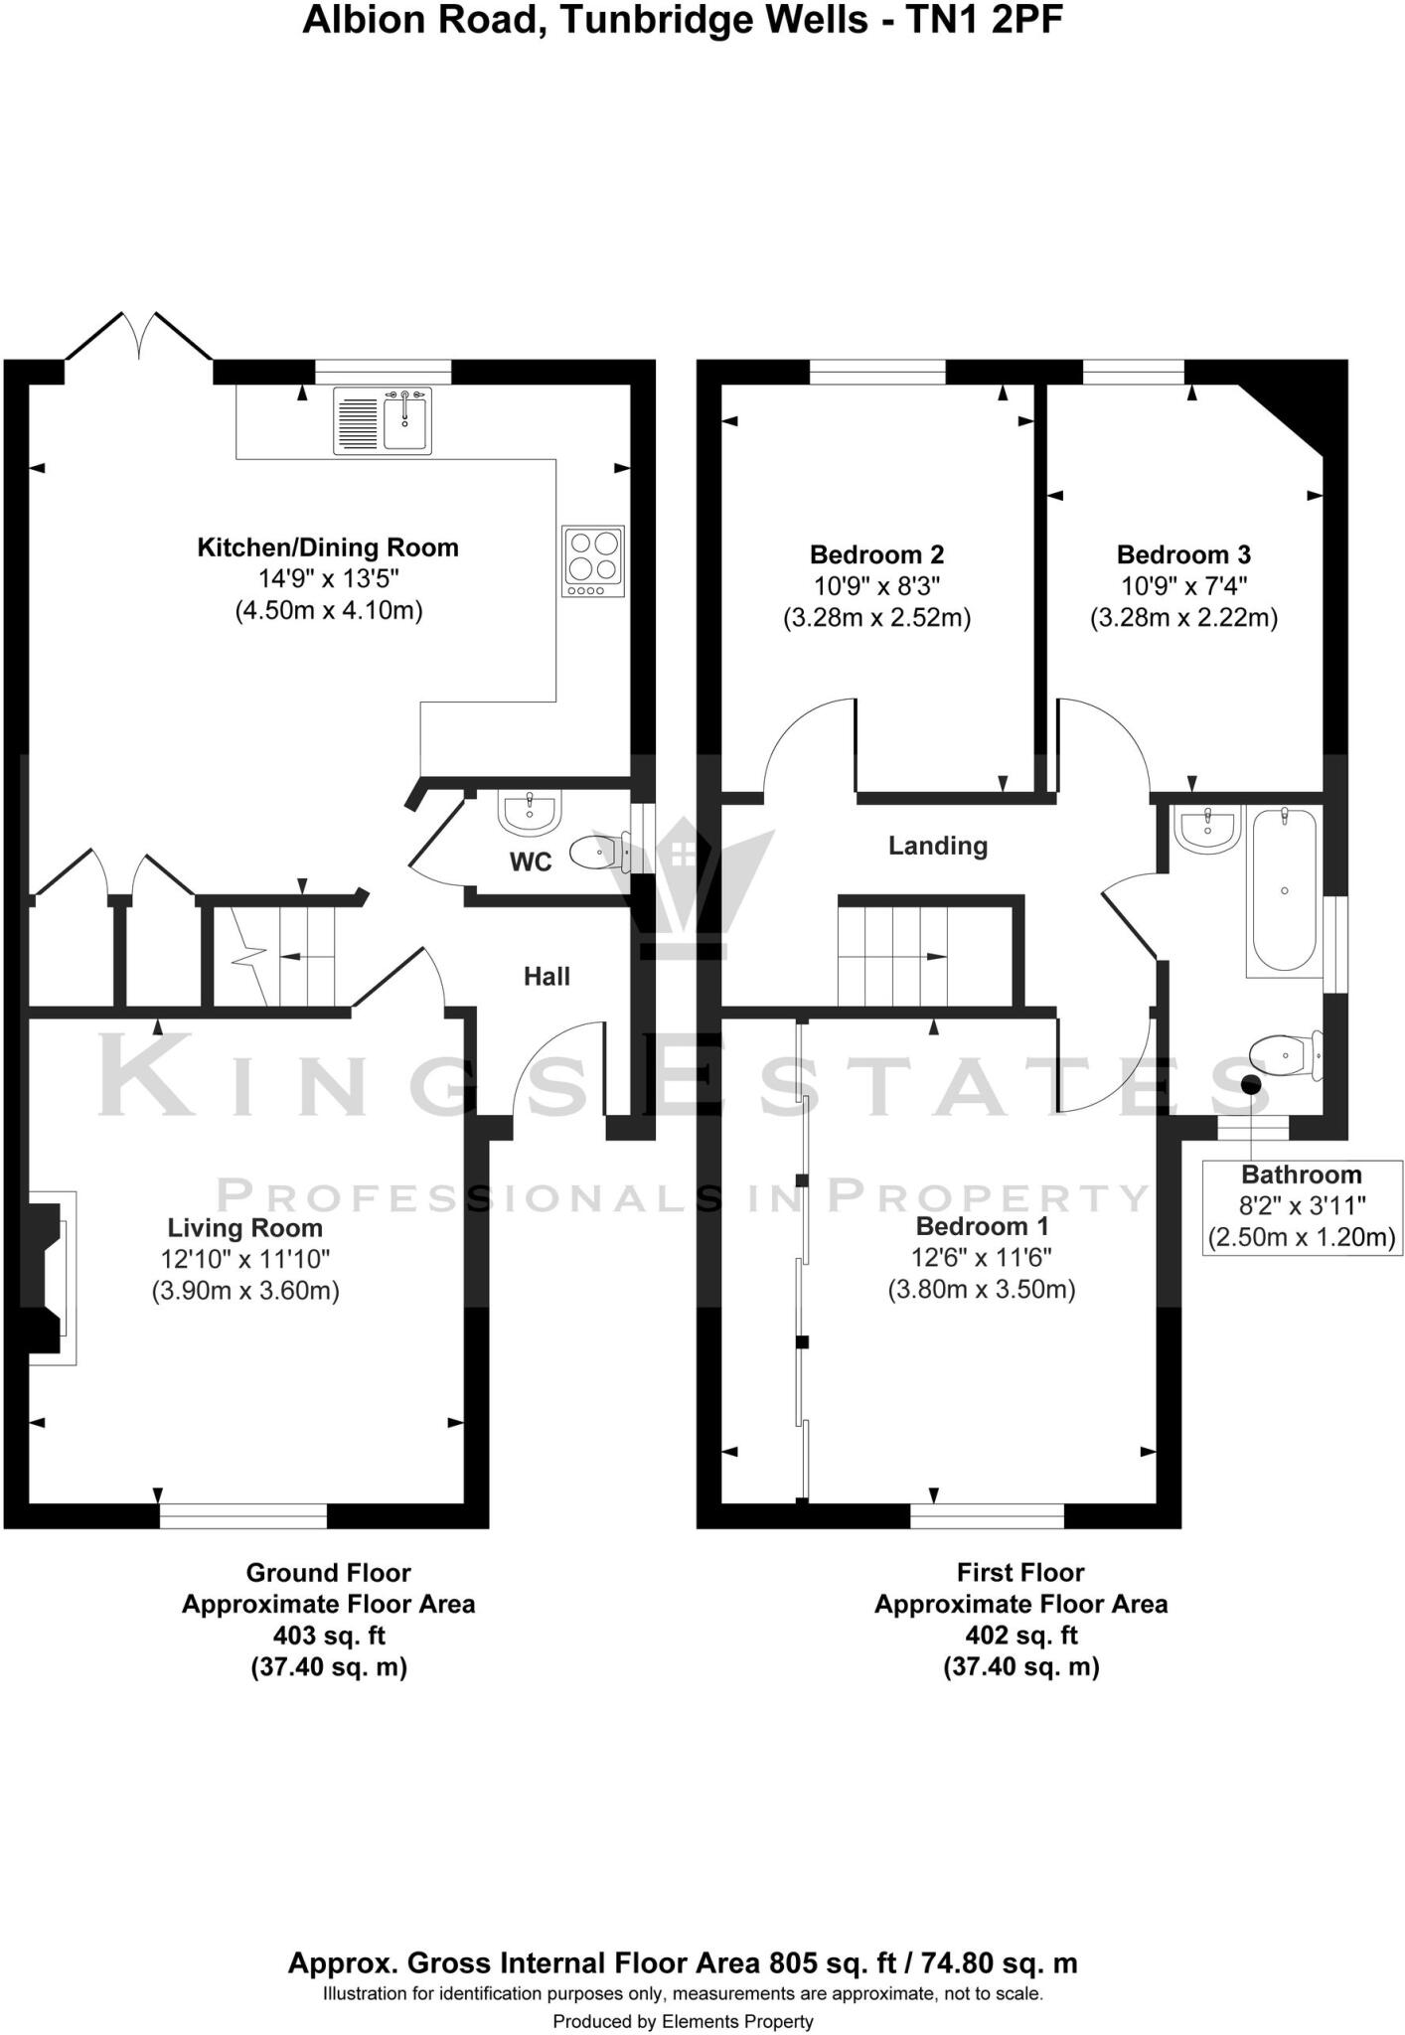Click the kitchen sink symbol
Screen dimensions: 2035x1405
384,421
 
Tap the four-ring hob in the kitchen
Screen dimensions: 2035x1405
593,560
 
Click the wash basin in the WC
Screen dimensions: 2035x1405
531,814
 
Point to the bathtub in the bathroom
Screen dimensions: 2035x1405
1283,889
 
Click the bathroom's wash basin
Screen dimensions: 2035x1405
1206,828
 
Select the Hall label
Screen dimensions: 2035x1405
546,977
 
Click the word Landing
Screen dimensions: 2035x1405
937,846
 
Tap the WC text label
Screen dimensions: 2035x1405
530,862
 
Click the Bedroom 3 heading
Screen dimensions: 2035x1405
1182,554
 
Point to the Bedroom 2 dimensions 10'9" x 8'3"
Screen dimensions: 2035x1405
876,586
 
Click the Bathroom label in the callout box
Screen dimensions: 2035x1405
1301,1174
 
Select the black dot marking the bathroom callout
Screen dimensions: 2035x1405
1252,1084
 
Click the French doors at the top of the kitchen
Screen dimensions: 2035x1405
139,338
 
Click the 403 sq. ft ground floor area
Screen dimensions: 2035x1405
328,1635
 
